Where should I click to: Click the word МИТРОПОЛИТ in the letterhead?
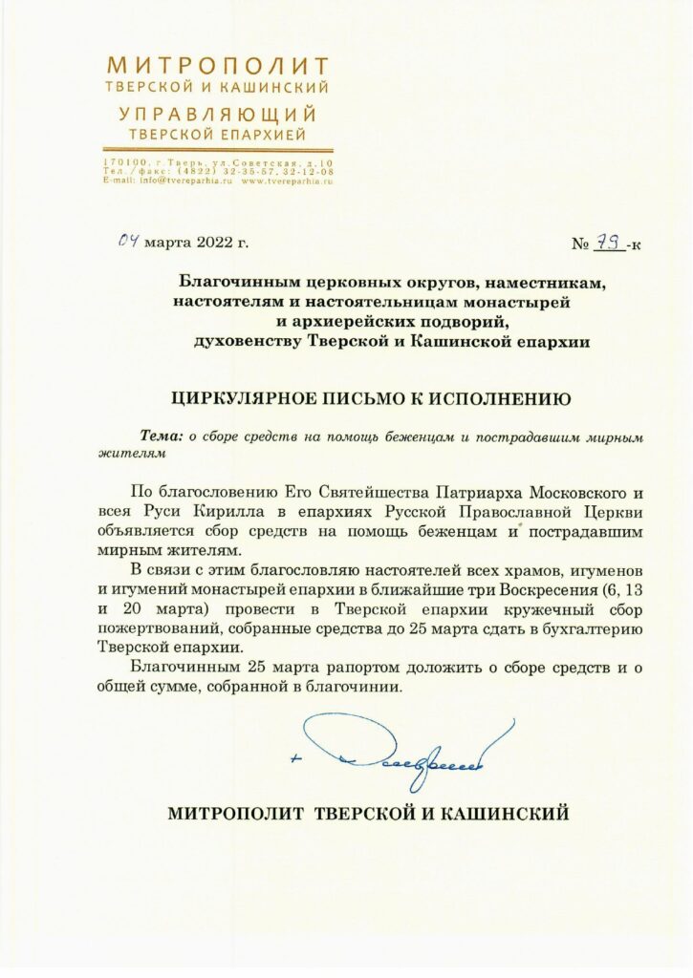click(218, 66)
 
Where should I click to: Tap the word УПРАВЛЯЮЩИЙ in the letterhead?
click(218, 114)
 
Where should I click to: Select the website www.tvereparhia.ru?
click(287, 180)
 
